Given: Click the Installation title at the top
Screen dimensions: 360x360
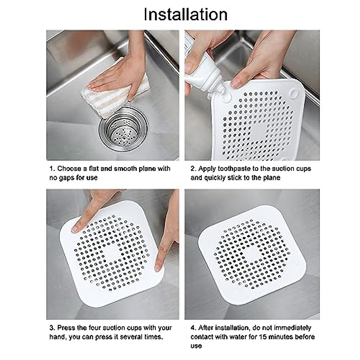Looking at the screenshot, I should click(x=186, y=14).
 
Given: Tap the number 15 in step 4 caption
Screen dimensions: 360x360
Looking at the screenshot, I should click(x=263, y=337).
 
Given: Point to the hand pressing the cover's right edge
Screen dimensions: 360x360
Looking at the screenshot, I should click(x=166, y=240).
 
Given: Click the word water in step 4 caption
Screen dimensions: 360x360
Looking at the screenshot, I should click(x=238, y=337).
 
